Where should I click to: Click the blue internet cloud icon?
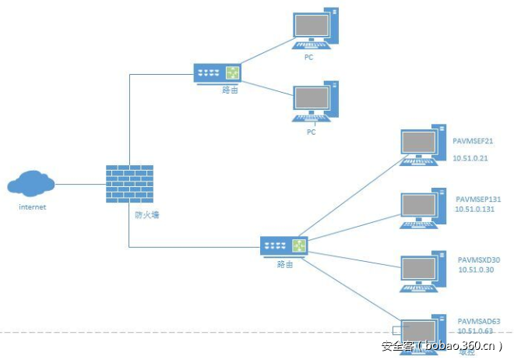(x=31, y=185)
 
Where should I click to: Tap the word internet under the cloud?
(x=32, y=207)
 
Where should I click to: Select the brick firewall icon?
(x=129, y=185)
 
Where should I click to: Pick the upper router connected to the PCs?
(x=217, y=73)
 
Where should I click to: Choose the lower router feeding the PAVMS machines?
(x=284, y=247)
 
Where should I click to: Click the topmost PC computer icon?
(x=315, y=30)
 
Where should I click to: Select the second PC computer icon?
(x=315, y=101)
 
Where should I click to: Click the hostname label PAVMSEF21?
(x=474, y=142)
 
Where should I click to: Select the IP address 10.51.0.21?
(x=470, y=158)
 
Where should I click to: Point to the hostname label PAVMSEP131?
(x=478, y=199)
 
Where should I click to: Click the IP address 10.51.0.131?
(x=476, y=209)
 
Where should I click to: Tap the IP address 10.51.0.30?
(x=476, y=270)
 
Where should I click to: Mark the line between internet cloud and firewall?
(x=80, y=185)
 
